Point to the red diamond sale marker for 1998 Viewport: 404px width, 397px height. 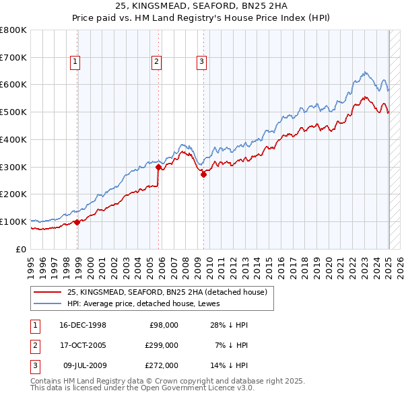[x=77, y=222]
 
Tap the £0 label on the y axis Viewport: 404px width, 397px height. [x=22, y=249]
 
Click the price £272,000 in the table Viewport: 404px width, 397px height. [x=162, y=365]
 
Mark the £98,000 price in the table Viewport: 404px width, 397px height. [x=164, y=325]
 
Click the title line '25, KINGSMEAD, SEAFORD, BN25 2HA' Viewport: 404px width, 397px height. [x=201, y=7]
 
